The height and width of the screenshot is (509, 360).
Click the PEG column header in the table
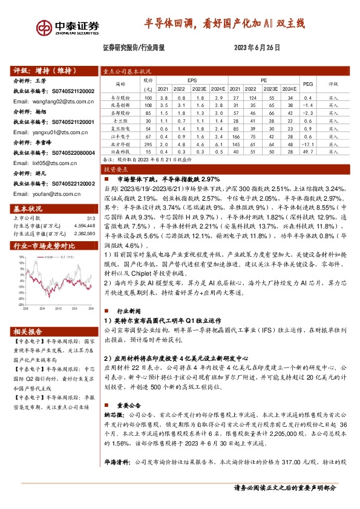point(307,83)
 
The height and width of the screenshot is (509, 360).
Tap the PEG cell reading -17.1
point(307,144)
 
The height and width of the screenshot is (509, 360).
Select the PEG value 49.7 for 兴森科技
point(307,152)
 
